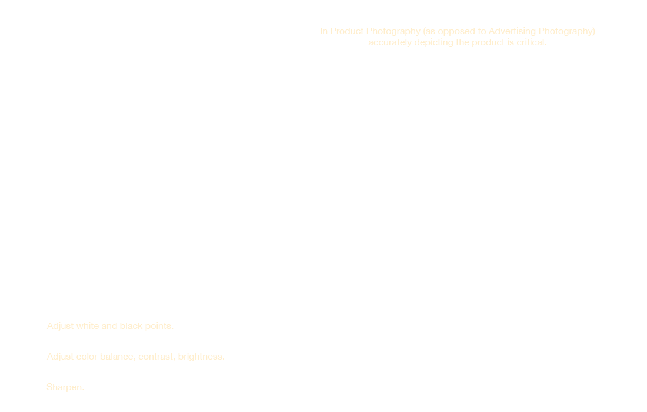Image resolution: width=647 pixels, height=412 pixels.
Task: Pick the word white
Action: click(88, 326)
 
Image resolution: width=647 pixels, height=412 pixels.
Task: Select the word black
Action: click(131, 326)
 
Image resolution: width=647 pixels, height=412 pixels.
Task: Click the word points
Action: click(159, 327)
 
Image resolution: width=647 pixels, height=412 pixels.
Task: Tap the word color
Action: click(86, 357)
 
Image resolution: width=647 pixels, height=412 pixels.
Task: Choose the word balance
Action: click(118, 357)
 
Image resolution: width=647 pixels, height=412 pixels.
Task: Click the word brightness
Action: click(201, 357)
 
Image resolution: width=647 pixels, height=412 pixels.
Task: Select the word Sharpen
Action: click(65, 387)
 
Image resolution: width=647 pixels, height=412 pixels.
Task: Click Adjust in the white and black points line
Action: click(60, 326)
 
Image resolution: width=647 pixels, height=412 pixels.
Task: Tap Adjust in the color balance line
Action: click(60, 357)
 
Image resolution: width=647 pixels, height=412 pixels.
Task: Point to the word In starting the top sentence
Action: click(324, 31)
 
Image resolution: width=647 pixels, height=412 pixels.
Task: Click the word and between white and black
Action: click(109, 326)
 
